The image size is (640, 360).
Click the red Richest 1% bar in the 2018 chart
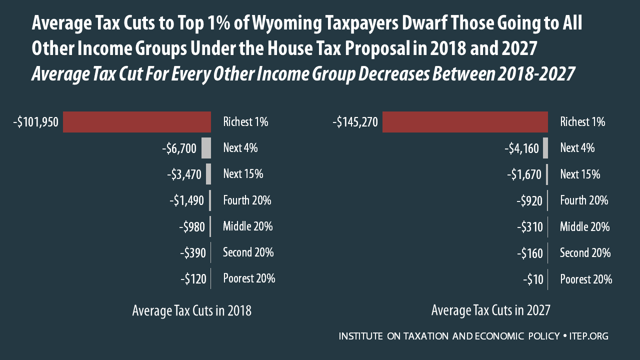pyautogui.click(x=136, y=122)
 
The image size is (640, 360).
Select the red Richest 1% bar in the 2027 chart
pyautogui.click(x=465, y=122)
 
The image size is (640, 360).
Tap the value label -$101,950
pyautogui.click(x=36, y=122)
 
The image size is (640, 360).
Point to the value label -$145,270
pyautogui.click(x=354, y=122)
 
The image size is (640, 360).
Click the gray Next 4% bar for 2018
pyautogui.click(x=206, y=148)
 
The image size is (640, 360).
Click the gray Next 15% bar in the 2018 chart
pyautogui.click(x=208, y=174)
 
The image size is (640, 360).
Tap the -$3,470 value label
pyautogui.click(x=183, y=175)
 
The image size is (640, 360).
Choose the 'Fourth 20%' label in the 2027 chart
pyautogui.click(x=583, y=200)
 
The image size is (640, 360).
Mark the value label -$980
pyautogui.click(x=192, y=227)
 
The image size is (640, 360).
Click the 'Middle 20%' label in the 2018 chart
pyautogui.click(x=247, y=226)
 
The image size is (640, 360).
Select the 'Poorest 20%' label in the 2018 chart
pyautogui.click(x=249, y=278)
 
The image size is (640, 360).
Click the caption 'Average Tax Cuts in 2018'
pyautogui.click(x=191, y=311)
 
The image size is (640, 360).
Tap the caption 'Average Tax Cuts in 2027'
pyautogui.click(x=490, y=311)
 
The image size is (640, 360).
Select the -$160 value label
pyautogui.click(x=529, y=253)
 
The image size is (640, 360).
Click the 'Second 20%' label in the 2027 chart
pyautogui.click(x=585, y=252)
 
